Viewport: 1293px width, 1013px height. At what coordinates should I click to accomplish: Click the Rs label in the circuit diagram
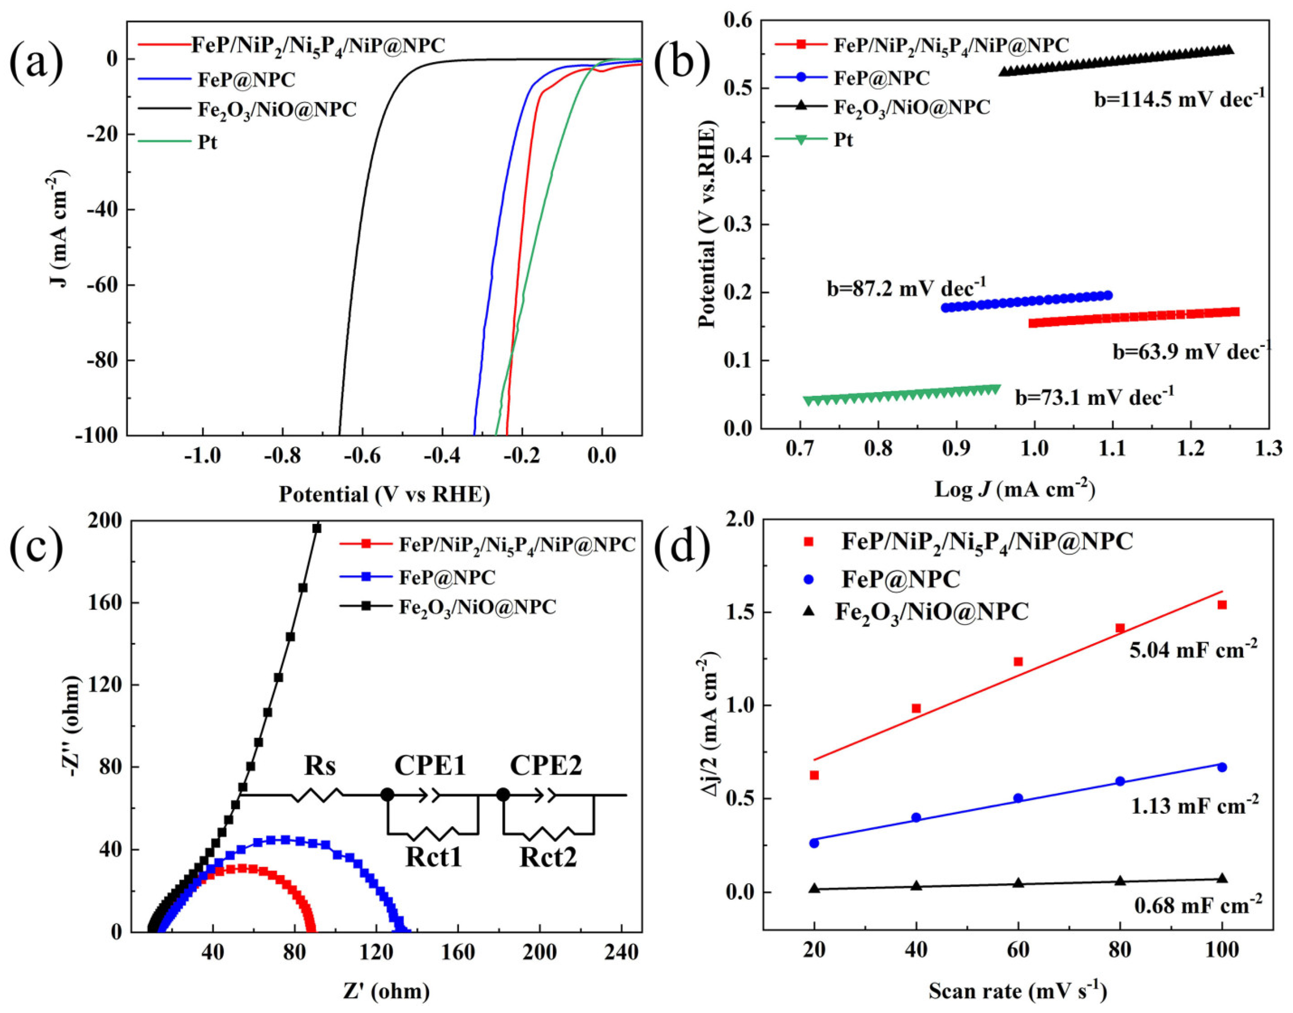click(320, 766)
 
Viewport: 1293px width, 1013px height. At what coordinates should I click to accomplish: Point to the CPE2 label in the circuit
click(546, 766)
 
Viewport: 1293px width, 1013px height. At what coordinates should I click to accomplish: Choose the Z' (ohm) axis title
click(385, 991)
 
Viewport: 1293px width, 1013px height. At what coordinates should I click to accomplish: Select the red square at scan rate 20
click(815, 775)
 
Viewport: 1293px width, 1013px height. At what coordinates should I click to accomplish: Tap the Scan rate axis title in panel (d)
click(1017, 990)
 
